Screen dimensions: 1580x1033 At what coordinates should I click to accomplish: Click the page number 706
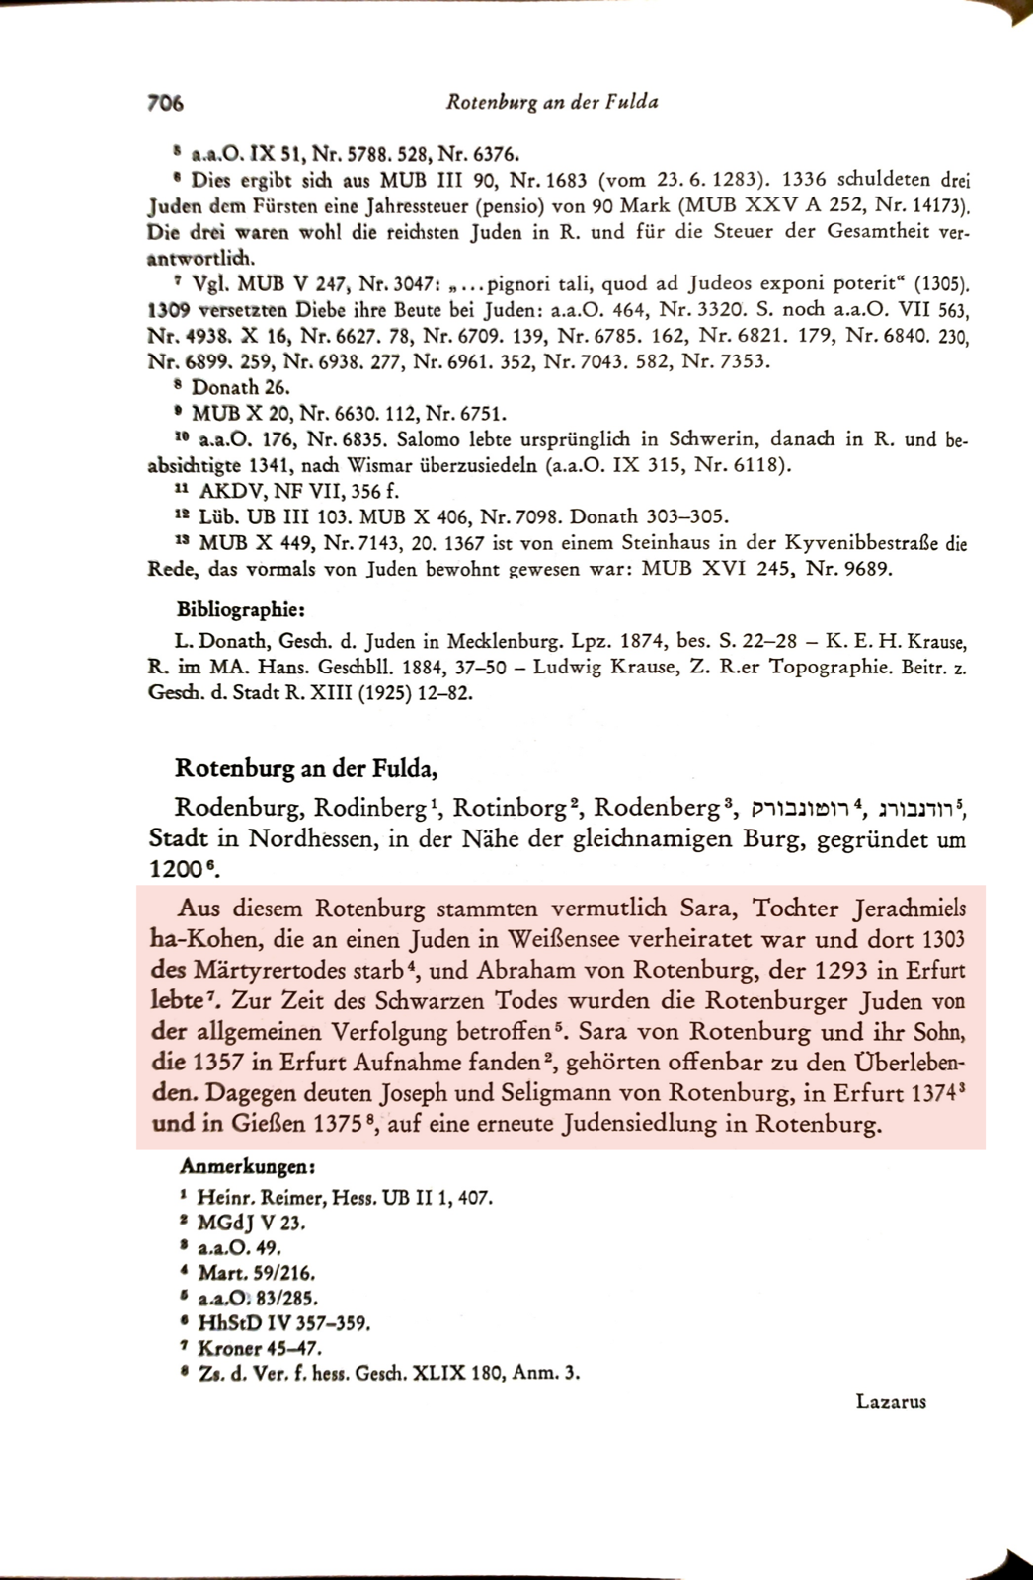(166, 102)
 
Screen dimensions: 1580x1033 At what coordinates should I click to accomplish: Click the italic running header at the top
(551, 101)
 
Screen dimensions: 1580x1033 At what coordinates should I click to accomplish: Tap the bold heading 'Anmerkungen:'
(247, 1166)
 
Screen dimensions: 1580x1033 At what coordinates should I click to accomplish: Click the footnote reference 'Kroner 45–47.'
(260, 1347)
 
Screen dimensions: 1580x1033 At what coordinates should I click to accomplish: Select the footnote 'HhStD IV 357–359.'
(283, 1322)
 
